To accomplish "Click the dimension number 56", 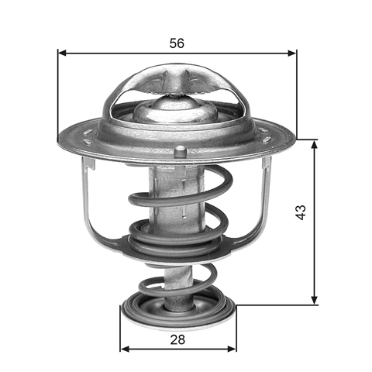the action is coord(177,43).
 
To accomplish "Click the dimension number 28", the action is coord(177,339).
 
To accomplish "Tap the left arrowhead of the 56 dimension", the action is coord(63,53).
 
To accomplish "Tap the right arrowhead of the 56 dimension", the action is coord(291,53).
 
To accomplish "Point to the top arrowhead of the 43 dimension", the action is coord(314,144).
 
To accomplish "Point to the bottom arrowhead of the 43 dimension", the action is coord(314,300).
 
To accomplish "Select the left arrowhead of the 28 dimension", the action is coord(126,349).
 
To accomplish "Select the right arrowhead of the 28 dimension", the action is coord(232,349).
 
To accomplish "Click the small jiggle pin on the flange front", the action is coord(180,151).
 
